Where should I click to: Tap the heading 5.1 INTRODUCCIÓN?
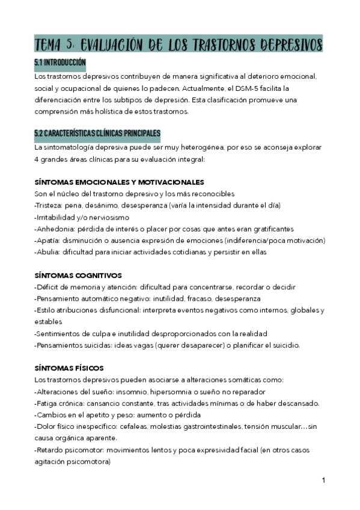click(60, 63)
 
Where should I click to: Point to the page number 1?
click(323, 481)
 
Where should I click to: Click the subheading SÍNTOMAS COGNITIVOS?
click(78, 275)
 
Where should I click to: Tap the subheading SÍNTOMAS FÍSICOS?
click(70, 367)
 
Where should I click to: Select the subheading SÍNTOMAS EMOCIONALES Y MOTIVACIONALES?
click(120, 182)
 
